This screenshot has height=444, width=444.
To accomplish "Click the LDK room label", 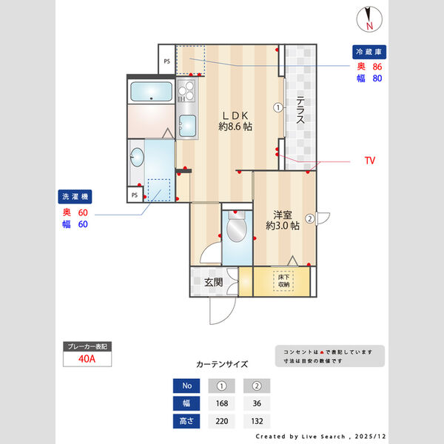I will click(235, 121).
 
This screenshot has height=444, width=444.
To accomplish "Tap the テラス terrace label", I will click(301, 111).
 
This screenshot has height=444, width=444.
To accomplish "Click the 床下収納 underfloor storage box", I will click(284, 280).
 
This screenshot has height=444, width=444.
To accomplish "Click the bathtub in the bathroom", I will click(151, 92).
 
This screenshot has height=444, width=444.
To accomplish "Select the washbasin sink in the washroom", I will click(138, 157).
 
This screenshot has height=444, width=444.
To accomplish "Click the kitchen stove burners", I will click(186, 91).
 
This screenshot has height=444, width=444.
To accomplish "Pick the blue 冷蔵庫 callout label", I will click(369, 53).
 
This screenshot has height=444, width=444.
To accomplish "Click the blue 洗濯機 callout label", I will click(75, 198).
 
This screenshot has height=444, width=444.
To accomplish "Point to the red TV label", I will click(370, 160).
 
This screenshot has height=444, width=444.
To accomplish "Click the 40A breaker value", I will click(87, 360).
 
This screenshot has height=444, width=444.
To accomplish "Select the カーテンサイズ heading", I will click(222, 364).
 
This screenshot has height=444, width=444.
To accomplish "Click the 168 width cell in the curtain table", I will click(222, 404).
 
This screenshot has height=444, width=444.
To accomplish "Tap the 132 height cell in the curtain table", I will click(257, 422).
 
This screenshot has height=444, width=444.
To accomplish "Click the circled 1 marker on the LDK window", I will click(277, 107).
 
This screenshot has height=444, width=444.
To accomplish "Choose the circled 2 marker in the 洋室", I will click(309, 218).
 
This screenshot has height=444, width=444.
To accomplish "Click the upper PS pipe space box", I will click(167, 61).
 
